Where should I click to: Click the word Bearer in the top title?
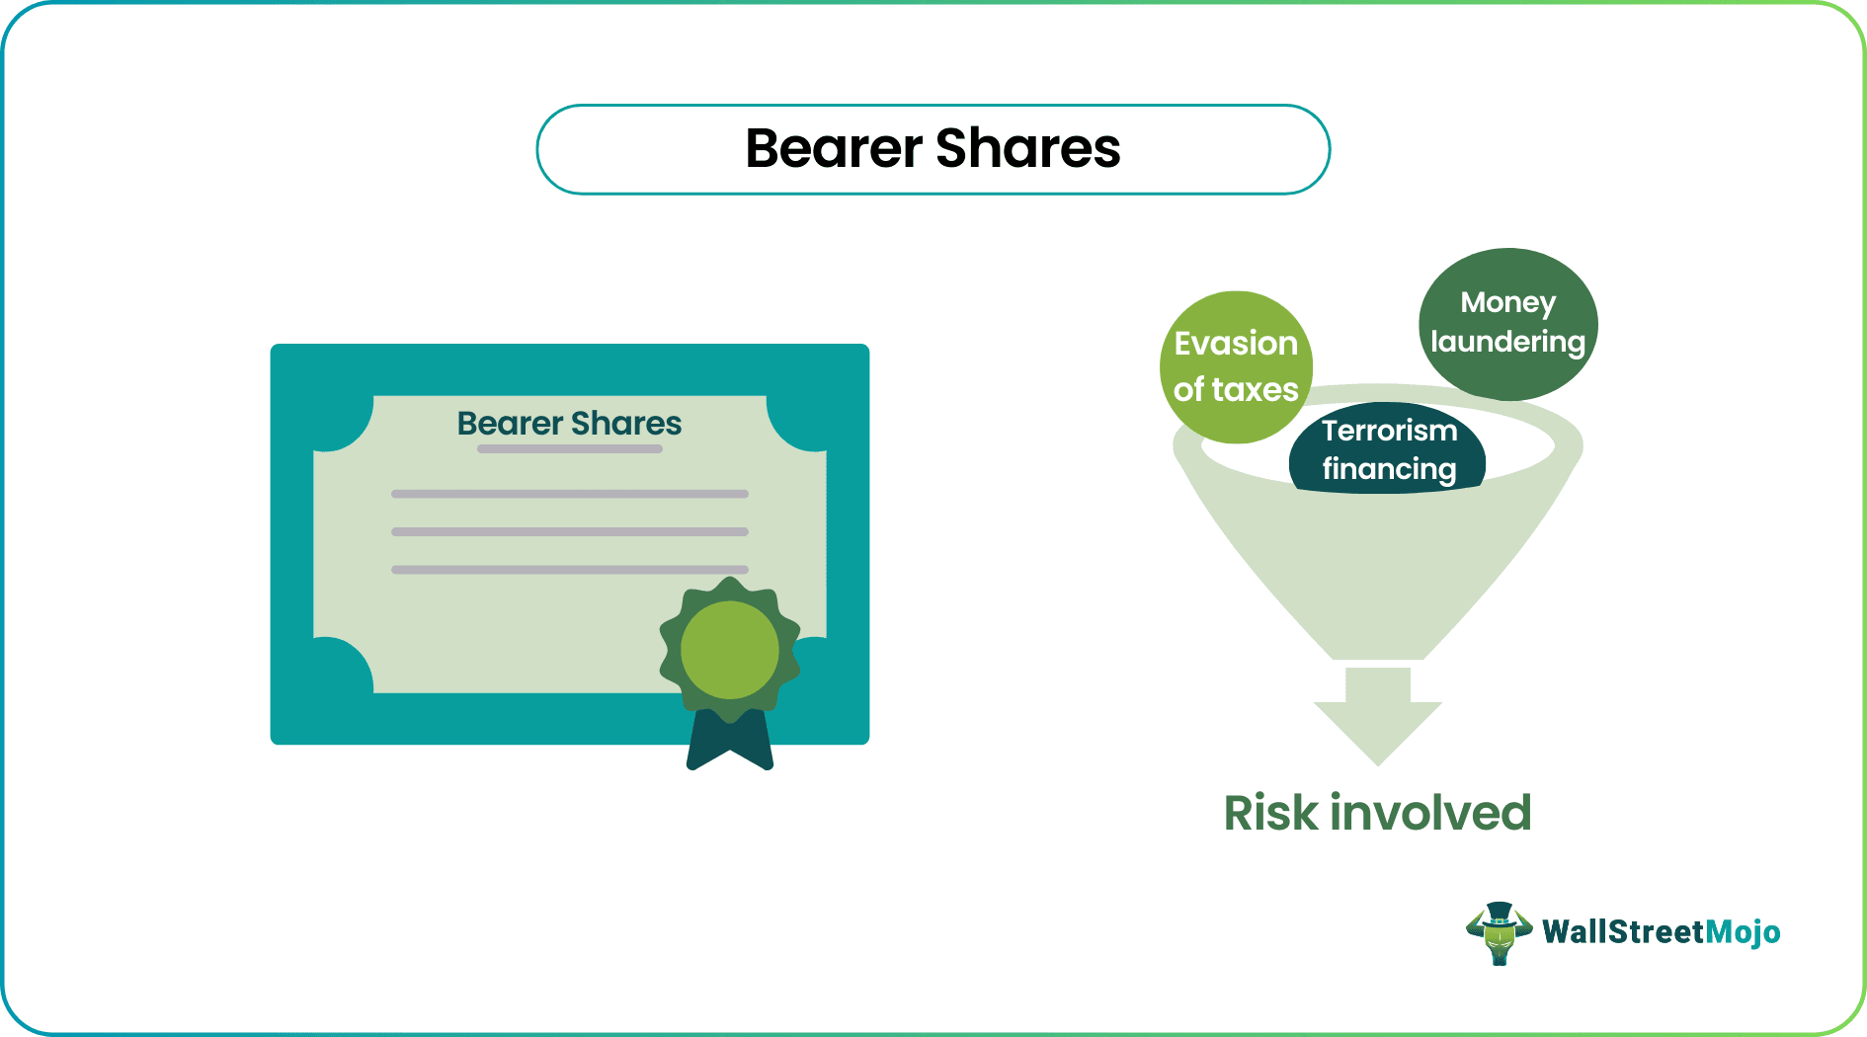click(834, 149)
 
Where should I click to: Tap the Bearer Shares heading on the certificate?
click(569, 424)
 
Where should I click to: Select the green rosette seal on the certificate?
click(730, 650)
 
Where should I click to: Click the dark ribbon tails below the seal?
click(730, 743)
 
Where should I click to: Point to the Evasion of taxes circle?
click(1236, 366)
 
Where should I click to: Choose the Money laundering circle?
click(1507, 323)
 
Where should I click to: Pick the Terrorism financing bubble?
click(1388, 450)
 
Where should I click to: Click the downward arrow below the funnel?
click(1377, 716)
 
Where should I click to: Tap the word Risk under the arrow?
click(1270, 814)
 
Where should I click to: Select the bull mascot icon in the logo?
click(1499, 932)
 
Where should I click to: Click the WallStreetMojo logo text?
click(1661, 932)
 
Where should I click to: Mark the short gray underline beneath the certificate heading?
click(570, 449)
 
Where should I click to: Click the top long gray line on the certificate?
click(570, 494)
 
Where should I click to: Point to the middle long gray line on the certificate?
click(570, 531)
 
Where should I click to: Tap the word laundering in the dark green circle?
click(1507, 342)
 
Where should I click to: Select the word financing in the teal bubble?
click(1389, 469)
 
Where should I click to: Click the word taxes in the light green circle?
click(1258, 390)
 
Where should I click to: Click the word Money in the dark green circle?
click(1507, 302)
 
